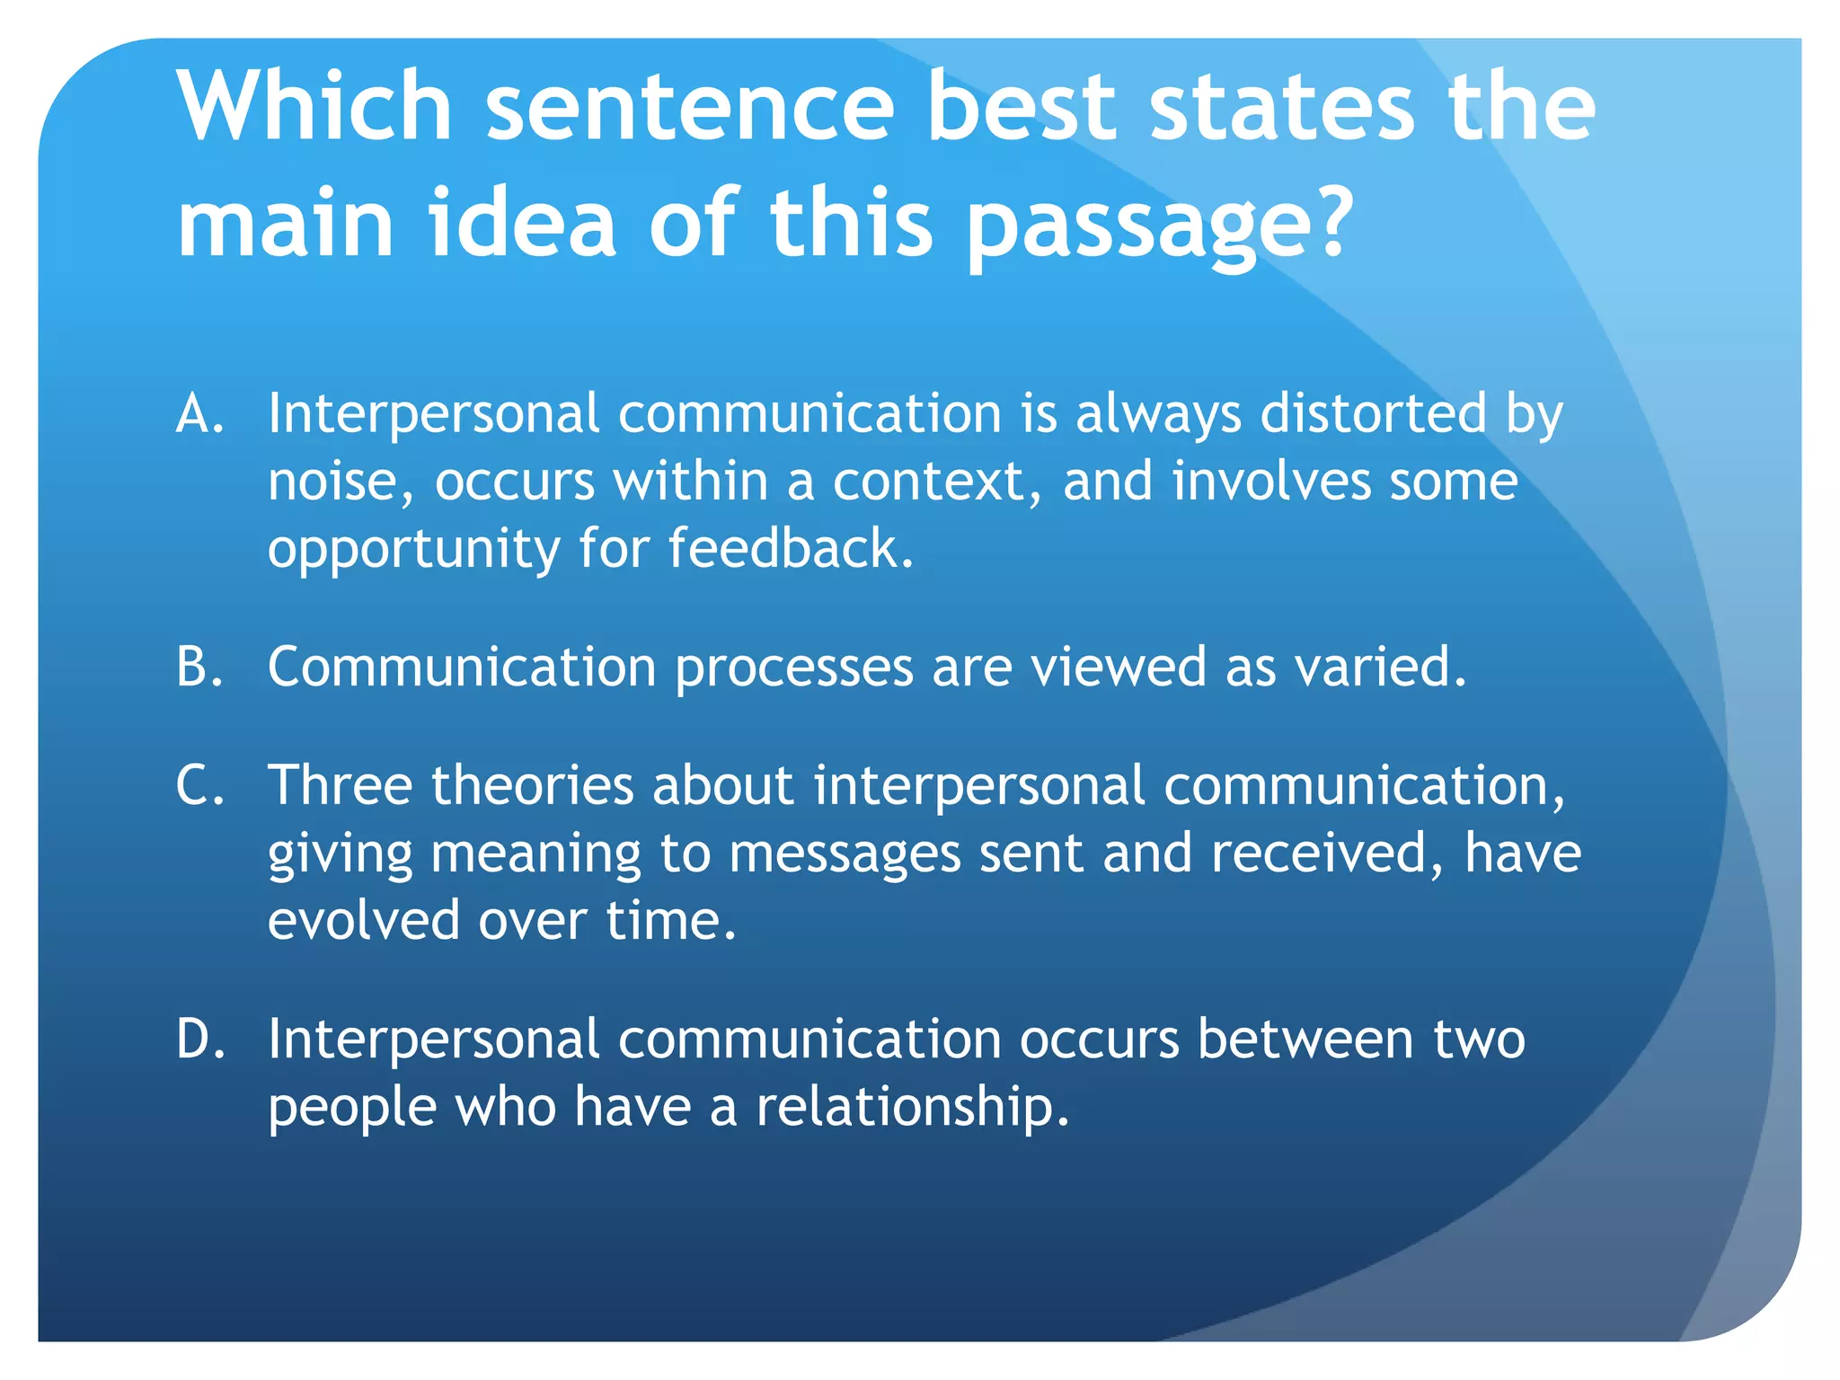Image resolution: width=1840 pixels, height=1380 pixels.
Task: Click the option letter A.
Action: [199, 414]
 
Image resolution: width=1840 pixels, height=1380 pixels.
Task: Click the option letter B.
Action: [199, 667]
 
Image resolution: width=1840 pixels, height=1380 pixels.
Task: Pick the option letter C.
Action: [199, 785]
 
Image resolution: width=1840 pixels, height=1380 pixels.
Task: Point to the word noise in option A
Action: [341, 482]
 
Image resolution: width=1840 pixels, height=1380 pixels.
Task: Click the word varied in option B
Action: [1379, 667]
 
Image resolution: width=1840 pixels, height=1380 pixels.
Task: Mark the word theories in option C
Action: [534, 785]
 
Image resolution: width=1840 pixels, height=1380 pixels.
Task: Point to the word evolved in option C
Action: [363, 921]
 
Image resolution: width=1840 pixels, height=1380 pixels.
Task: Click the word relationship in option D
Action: [911, 1107]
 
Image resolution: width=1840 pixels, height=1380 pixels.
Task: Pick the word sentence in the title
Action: [690, 108]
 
